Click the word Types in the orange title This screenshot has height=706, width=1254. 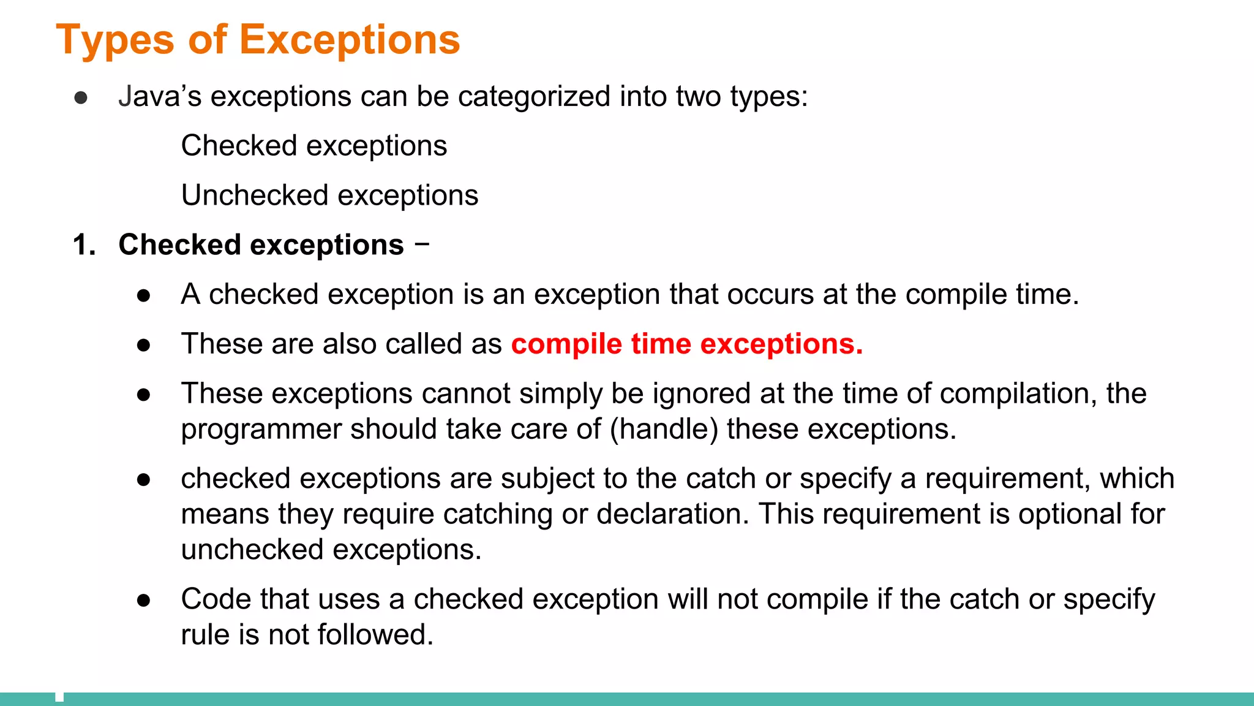(115, 40)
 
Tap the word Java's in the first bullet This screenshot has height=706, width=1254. (159, 97)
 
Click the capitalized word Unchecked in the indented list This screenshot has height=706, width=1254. (255, 195)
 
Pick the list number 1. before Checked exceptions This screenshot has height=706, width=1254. (84, 245)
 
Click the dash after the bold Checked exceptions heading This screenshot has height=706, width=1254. (422, 244)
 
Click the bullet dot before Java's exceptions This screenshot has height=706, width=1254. (81, 98)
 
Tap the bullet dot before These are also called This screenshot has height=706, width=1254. (144, 346)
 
